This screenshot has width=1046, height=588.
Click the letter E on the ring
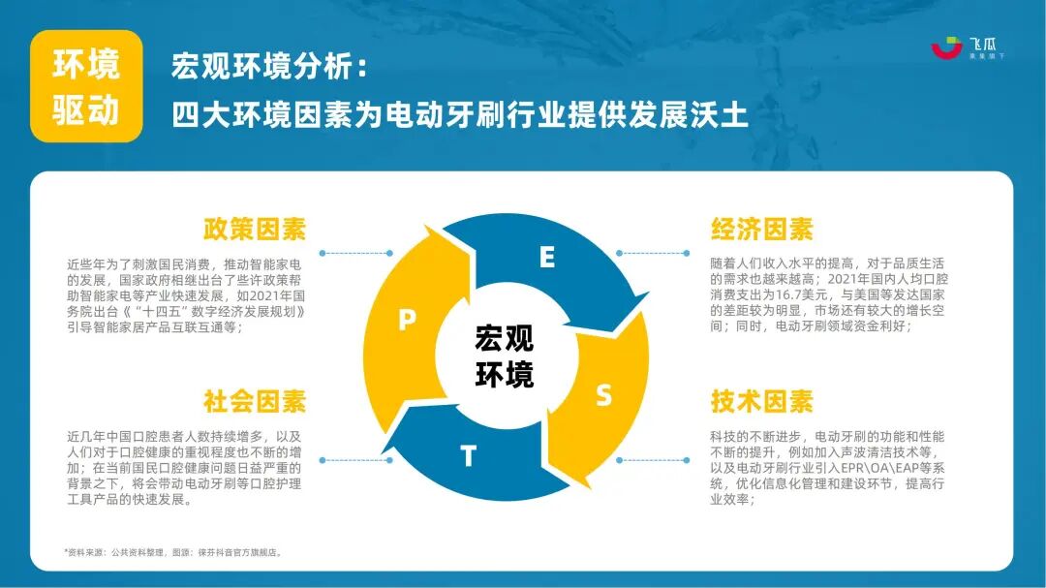click(x=547, y=258)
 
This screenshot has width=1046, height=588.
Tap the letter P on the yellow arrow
click(x=408, y=322)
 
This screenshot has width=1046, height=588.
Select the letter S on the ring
click(x=603, y=395)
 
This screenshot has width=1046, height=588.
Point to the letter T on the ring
click(x=468, y=456)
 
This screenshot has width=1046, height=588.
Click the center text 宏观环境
click(x=504, y=356)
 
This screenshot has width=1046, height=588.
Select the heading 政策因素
click(x=254, y=230)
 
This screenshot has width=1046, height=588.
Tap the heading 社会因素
click(x=254, y=400)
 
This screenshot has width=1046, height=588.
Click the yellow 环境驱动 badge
click(x=86, y=86)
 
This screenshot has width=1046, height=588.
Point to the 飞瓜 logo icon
click(x=946, y=47)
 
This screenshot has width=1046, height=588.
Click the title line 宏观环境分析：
click(x=270, y=67)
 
